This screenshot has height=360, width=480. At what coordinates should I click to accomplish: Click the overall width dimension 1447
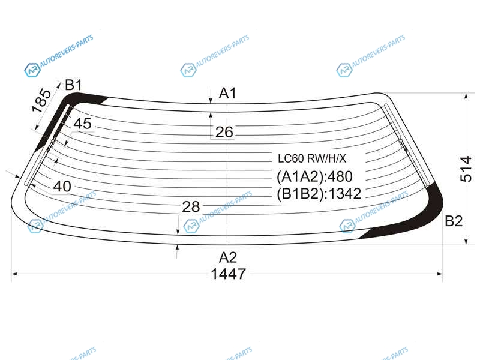pyautogui.click(x=229, y=274)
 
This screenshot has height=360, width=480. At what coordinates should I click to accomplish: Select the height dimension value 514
pyautogui.click(x=466, y=169)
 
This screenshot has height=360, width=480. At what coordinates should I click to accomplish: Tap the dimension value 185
pyautogui.click(x=41, y=100)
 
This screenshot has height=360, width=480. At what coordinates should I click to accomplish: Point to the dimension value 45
pyautogui.click(x=82, y=124)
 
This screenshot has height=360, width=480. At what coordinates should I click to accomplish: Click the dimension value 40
pyautogui.click(x=62, y=186)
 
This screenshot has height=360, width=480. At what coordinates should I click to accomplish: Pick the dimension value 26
pyautogui.click(x=224, y=132)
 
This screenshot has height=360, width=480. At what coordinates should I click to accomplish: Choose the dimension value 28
pyautogui.click(x=191, y=207)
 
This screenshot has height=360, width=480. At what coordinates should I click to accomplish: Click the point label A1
pyautogui.click(x=228, y=93)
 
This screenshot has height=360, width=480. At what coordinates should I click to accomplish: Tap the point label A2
pyautogui.click(x=228, y=257)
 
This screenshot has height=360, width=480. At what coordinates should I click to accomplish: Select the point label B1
pyautogui.click(x=73, y=85)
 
